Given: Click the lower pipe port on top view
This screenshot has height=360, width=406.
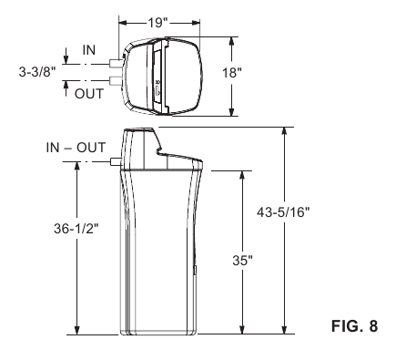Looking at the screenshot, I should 114,82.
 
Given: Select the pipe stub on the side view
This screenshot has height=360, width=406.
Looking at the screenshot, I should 113,162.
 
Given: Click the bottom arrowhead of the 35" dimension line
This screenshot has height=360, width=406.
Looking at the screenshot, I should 242,331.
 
